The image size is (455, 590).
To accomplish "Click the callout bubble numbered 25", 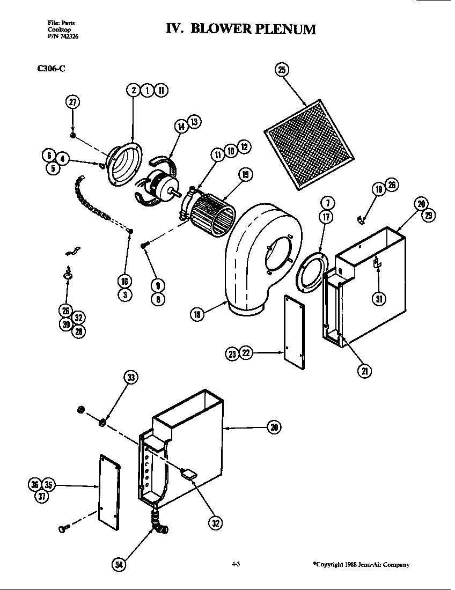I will [282, 69].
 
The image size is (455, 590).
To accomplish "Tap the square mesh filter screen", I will [310, 145].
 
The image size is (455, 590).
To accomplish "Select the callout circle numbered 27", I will [72, 103].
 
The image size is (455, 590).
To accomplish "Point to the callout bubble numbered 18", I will [197, 315].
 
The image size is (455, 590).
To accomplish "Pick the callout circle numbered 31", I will [379, 299].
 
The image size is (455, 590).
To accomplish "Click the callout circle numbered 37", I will [41, 496].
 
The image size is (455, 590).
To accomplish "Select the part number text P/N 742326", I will [60, 36].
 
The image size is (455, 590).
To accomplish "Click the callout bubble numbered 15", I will [245, 175].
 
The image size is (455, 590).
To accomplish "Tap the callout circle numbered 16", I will [125, 281].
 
